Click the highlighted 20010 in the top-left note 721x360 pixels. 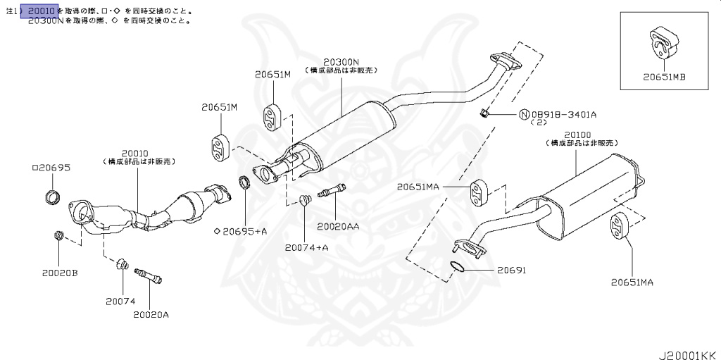click(x=42, y=11)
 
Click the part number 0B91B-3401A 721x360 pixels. click(x=564, y=114)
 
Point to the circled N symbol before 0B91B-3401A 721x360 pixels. click(x=524, y=114)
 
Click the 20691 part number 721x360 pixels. click(x=511, y=270)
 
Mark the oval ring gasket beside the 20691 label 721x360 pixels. click(x=457, y=266)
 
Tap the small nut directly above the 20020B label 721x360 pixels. click(x=58, y=236)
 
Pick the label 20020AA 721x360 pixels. click(x=337, y=226)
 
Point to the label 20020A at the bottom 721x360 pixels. click(x=151, y=314)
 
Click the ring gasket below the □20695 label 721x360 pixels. click(x=51, y=197)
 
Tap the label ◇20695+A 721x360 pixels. click(x=240, y=231)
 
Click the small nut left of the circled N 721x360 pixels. click(x=483, y=113)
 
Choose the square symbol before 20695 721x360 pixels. click(x=35, y=168)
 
